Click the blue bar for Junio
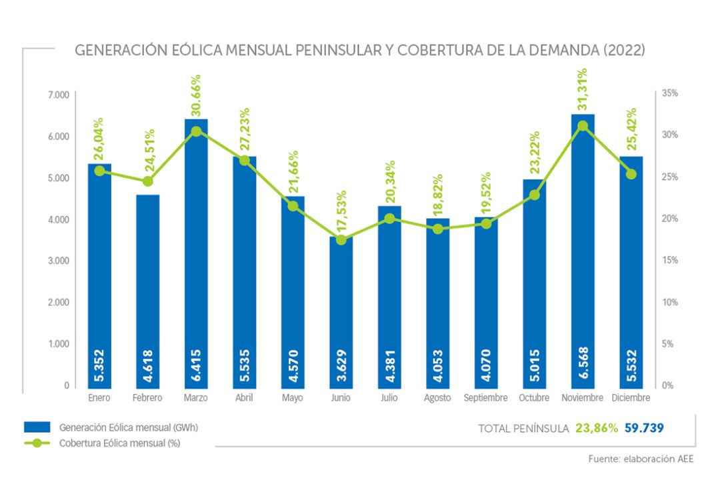click(x=341, y=313)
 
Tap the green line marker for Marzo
click(x=196, y=131)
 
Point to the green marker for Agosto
click(x=438, y=229)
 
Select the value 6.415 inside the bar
click(x=196, y=366)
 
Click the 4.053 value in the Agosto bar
click(x=438, y=366)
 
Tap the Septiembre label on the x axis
click(x=486, y=398)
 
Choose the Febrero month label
click(x=148, y=398)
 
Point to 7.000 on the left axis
click(x=59, y=94)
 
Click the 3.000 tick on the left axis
click(x=59, y=261)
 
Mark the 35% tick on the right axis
click(x=669, y=94)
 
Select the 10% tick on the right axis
click(x=669, y=302)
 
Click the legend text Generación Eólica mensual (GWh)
click(x=128, y=427)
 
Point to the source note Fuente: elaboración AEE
click(x=641, y=459)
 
